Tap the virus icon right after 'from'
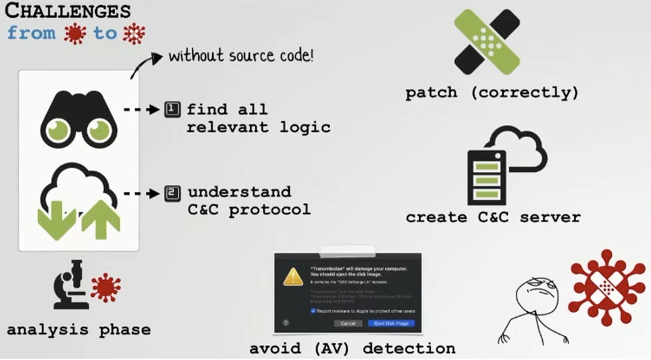[x=76, y=34]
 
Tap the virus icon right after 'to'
[x=135, y=33]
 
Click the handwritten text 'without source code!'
[x=241, y=55]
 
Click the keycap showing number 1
[x=172, y=109]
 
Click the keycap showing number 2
[x=172, y=193]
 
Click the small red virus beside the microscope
[x=105, y=287]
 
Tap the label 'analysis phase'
[x=78, y=329]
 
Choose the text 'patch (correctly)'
[x=492, y=93]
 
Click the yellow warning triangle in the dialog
[x=294, y=279]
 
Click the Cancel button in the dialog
[x=348, y=323]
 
